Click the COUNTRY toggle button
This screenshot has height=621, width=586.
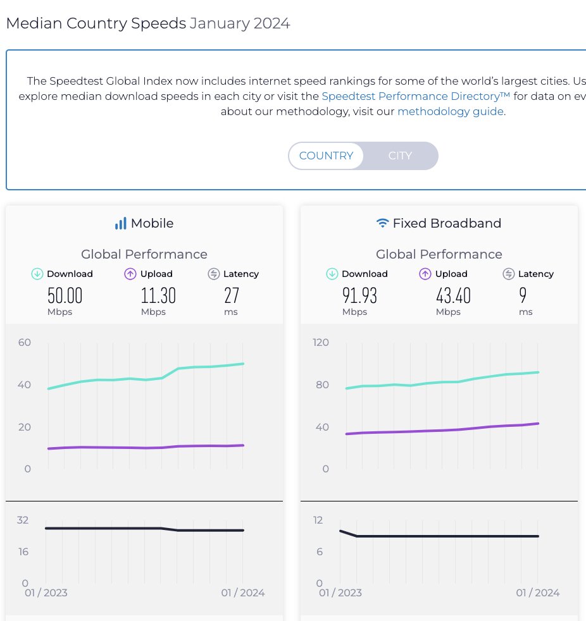point(326,156)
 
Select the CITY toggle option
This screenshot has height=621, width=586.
point(400,156)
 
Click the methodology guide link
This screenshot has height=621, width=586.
point(451,112)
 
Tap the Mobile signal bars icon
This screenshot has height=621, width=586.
point(120,223)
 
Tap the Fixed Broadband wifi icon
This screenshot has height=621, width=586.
point(382,223)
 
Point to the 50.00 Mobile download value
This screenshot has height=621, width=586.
point(65,295)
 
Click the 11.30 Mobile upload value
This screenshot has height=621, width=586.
point(158,295)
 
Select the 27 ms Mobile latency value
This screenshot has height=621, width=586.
point(232,295)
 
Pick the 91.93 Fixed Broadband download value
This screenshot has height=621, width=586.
point(360,295)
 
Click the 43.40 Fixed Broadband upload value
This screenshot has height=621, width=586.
point(453,295)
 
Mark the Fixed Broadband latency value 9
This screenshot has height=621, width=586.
point(523,295)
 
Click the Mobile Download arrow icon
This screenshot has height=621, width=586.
point(37,274)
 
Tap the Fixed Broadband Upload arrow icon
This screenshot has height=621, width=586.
point(425,274)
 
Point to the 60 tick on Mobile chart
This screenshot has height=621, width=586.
point(25,343)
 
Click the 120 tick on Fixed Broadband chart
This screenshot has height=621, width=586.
point(321,343)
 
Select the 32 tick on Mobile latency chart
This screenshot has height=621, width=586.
point(23,520)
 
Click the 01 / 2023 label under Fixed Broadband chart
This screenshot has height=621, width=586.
point(340,593)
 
